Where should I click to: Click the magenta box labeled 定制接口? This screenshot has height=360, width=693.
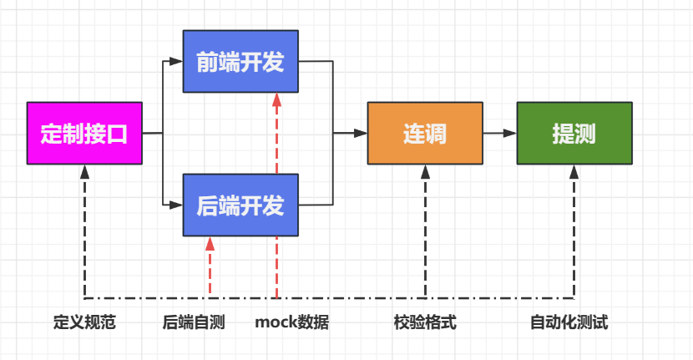pyautogui.click(x=84, y=133)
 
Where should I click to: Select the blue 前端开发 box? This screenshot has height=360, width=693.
pyautogui.click(x=240, y=62)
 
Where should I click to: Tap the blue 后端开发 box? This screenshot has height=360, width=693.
pyautogui.click(x=240, y=205)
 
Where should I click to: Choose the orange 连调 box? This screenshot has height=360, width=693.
pyautogui.click(x=425, y=133)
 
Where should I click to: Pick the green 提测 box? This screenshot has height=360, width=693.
pyautogui.click(x=574, y=133)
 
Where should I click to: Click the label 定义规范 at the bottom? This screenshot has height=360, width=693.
pyautogui.click(x=84, y=322)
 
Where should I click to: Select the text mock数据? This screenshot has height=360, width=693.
pyautogui.click(x=291, y=322)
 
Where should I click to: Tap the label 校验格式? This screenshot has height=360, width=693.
pyautogui.click(x=425, y=322)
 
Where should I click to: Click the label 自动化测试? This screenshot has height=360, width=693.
pyautogui.click(x=569, y=322)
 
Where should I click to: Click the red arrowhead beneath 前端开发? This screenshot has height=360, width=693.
pyautogui.click(x=276, y=100)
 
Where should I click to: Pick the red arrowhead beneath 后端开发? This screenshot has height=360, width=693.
pyautogui.click(x=210, y=243)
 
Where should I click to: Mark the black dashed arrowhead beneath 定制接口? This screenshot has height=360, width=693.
pyautogui.click(x=84, y=171)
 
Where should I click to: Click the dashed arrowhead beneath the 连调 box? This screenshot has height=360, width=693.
pyautogui.click(x=425, y=171)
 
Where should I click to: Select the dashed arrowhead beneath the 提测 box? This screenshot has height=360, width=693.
pyautogui.click(x=574, y=171)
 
